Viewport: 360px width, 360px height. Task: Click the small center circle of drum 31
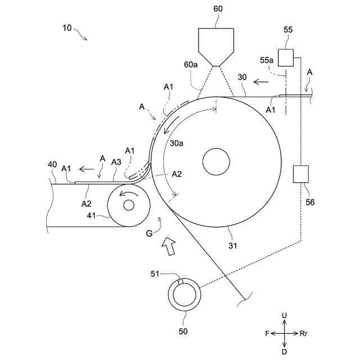(x=217, y=162)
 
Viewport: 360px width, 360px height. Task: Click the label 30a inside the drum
(x=177, y=143)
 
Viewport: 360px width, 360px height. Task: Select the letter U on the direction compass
(x=285, y=316)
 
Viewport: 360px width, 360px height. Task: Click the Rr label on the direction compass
(x=304, y=334)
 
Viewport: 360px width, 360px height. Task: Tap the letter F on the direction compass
(x=267, y=334)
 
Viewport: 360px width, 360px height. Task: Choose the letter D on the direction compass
(x=285, y=351)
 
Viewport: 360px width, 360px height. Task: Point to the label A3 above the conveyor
(x=116, y=162)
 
